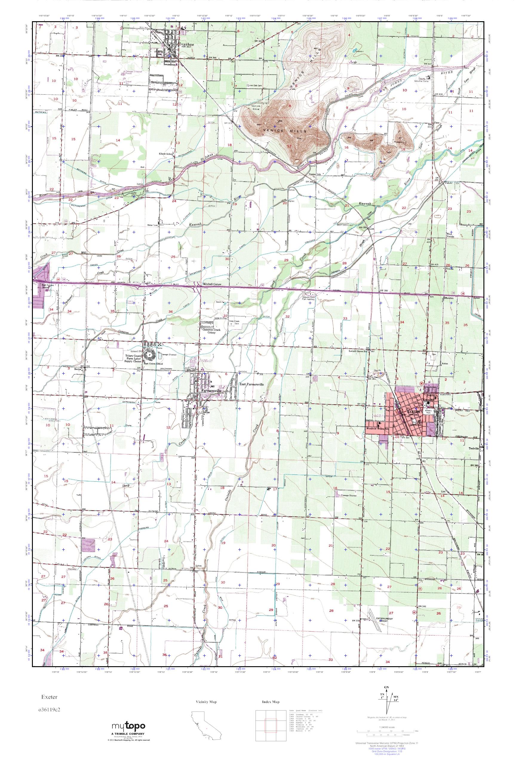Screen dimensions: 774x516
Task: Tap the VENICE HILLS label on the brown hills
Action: tap(285, 131)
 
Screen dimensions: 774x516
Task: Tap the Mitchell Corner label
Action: tap(212, 284)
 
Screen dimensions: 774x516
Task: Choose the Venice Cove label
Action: tap(256, 107)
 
